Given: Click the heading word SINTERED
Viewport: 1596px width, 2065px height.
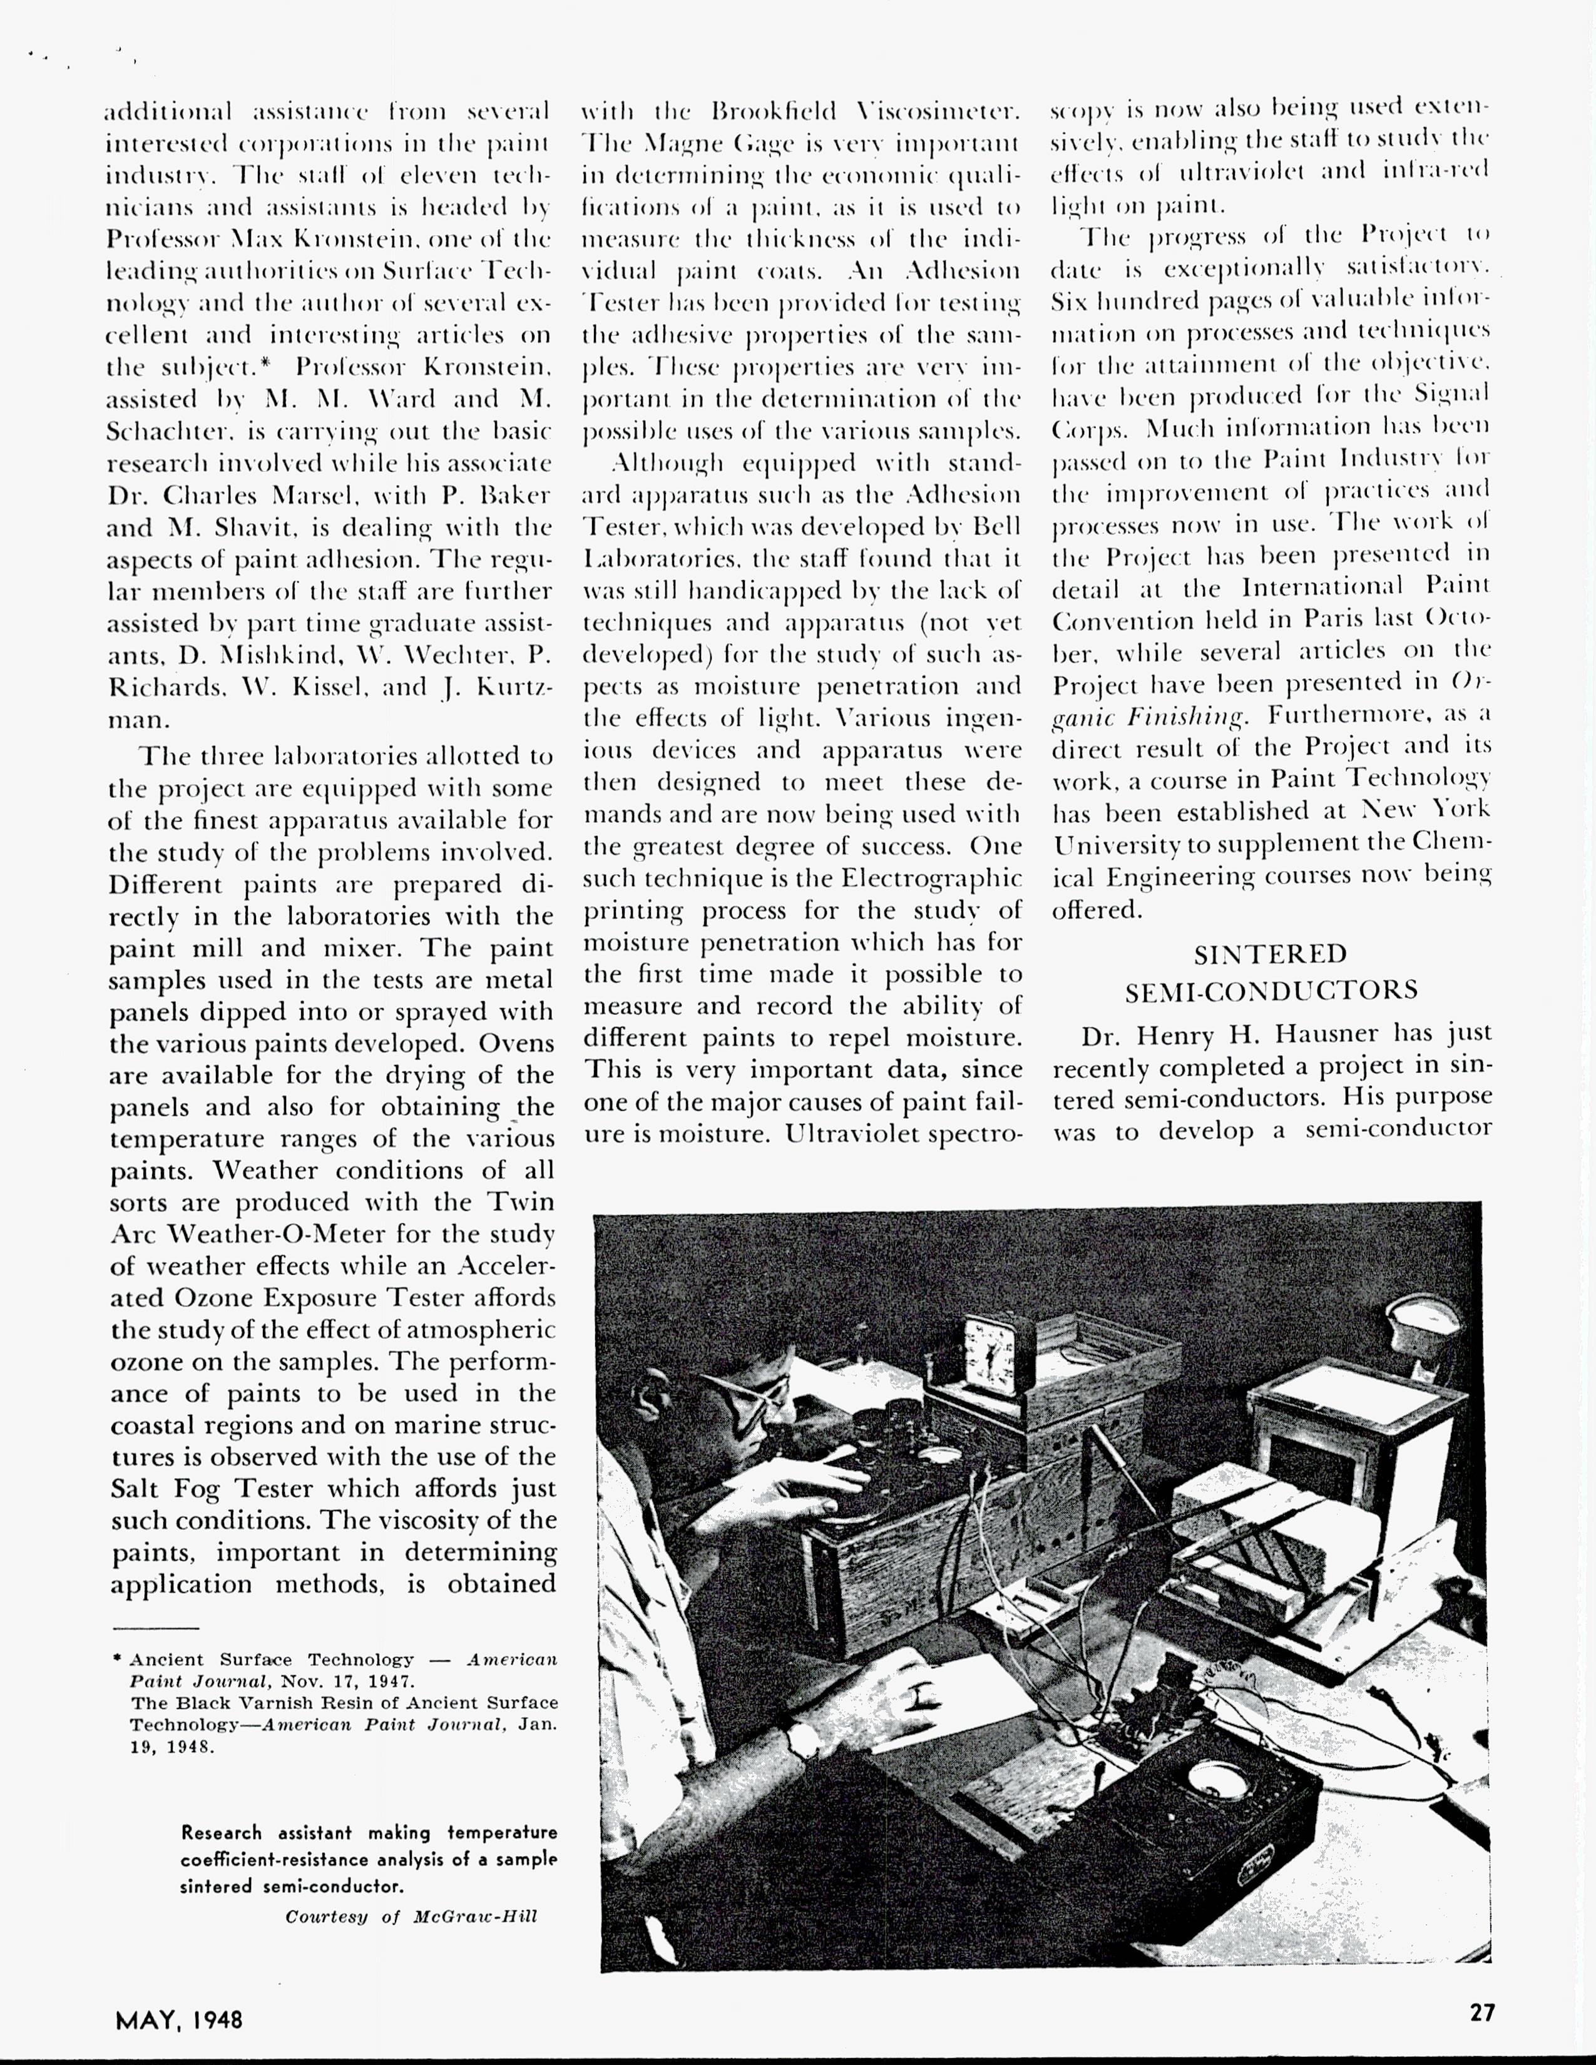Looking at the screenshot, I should point(1270,953).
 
